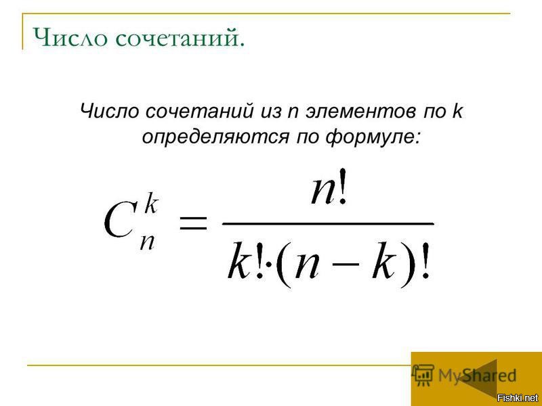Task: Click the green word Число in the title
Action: tap(70, 37)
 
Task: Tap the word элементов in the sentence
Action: tap(360, 111)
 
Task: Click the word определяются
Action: tap(215, 137)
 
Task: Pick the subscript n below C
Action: tap(147, 242)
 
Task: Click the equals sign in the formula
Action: tap(193, 223)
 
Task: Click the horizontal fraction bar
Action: tap(328, 223)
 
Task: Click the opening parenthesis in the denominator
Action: tap(285, 265)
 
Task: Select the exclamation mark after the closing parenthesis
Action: tap(425, 261)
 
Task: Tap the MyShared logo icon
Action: tap(423, 375)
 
